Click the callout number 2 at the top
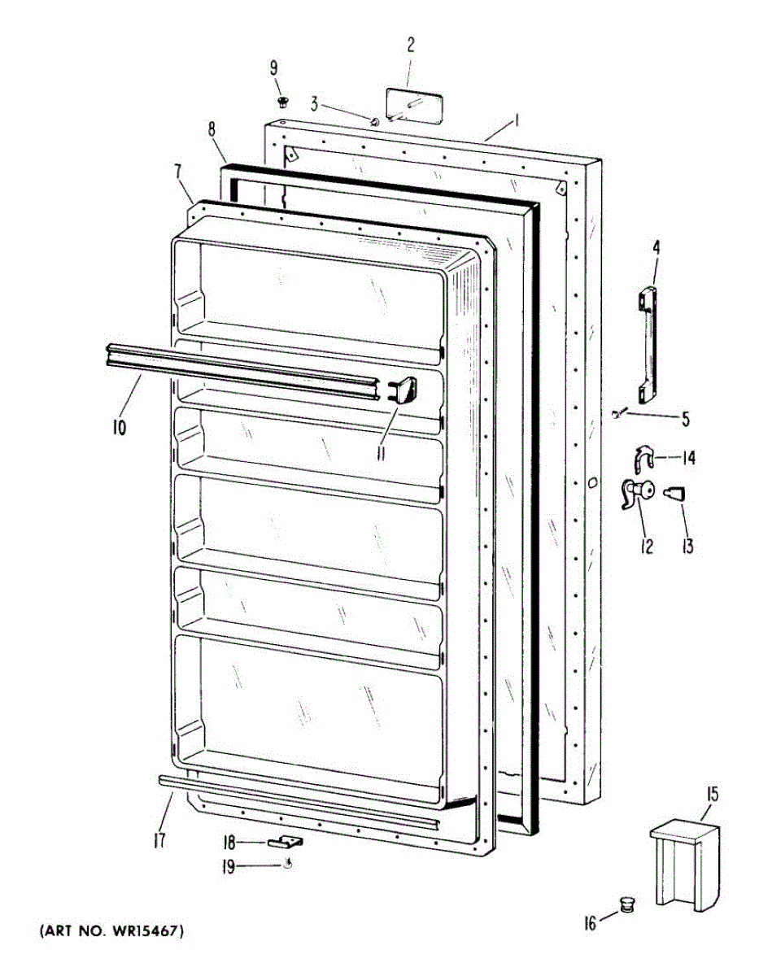pyautogui.click(x=411, y=44)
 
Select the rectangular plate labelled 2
pyautogui.click(x=414, y=107)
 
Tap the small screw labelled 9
pyautogui.click(x=283, y=102)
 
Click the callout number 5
pyautogui.click(x=685, y=420)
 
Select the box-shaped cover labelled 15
pyautogui.click(x=686, y=863)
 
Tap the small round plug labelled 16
pyautogui.click(x=626, y=904)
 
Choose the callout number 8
pyautogui.click(x=212, y=129)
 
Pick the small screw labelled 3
pyautogui.click(x=374, y=122)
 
